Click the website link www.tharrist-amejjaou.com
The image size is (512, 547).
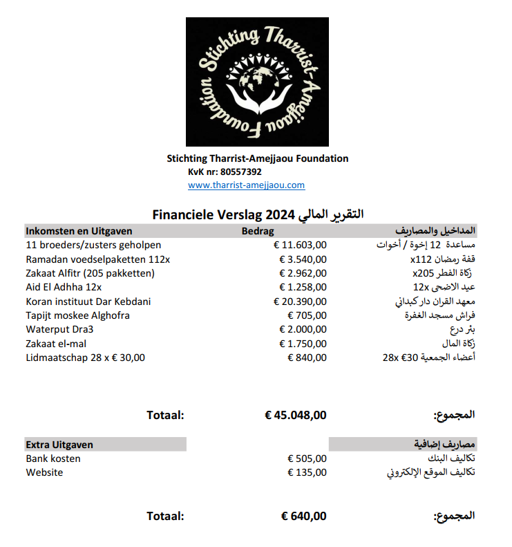point(246,185)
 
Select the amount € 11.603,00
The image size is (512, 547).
point(300,245)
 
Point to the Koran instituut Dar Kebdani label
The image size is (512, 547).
point(88,302)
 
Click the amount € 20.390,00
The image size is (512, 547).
point(300,302)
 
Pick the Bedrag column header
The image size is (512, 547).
point(257,231)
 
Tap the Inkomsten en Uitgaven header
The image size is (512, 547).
point(79,231)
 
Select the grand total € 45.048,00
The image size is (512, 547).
point(296,416)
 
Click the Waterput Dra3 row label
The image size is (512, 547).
point(59,329)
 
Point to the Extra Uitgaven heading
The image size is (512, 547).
point(59,445)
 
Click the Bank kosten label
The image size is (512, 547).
point(53,458)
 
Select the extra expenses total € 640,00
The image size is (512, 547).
point(304,516)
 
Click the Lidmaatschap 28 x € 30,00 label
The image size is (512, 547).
point(86,358)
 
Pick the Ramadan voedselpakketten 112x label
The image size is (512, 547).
point(98,259)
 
